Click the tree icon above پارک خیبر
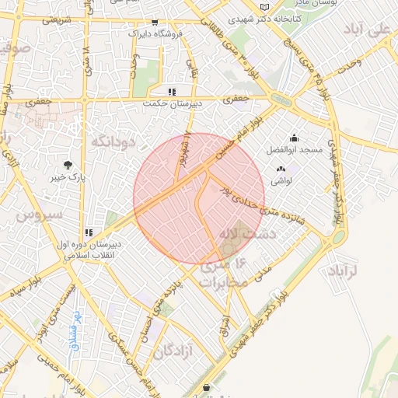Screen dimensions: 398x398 (69, 164)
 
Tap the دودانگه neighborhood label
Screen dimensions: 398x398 (114, 141)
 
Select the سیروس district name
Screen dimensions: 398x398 (32, 214)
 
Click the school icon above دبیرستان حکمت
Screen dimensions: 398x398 (172, 91)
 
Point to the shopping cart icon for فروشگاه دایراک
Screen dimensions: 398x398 (155, 23)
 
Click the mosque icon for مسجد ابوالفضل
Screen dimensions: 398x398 (295, 138)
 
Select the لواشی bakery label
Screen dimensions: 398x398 (281, 180)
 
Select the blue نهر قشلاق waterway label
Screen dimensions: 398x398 (76, 330)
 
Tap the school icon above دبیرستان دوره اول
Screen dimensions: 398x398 (90, 232)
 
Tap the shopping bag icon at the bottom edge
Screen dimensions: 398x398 (205, 388)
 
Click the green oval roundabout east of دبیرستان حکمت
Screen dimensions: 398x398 (278, 99)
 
